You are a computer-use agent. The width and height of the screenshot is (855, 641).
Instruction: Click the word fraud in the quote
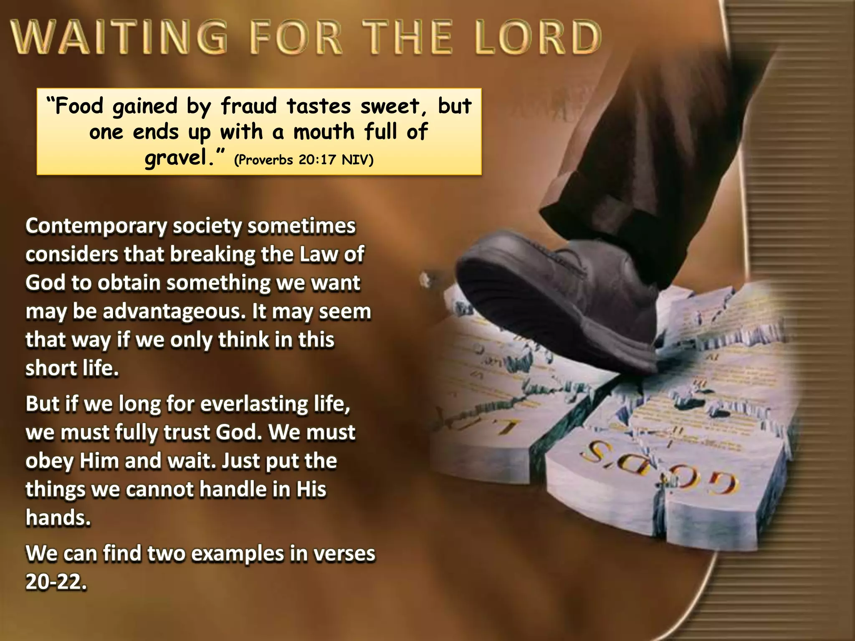249,106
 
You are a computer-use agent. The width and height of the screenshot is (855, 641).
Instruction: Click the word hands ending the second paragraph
58,518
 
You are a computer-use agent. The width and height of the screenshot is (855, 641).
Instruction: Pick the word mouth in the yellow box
324,132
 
